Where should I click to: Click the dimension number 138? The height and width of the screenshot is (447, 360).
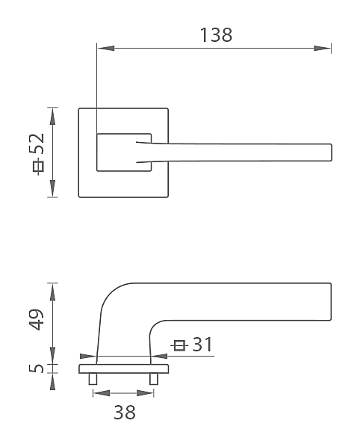(216, 35)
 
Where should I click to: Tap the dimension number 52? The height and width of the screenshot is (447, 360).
(37, 144)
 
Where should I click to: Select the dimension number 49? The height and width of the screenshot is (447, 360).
(37, 319)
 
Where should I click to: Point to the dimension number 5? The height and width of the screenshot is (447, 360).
(37, 369)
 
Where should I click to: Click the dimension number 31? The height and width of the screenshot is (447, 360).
(202, 344)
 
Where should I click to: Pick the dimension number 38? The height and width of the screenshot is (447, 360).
(125, 412)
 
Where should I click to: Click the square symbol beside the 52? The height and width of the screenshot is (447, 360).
(38, 166)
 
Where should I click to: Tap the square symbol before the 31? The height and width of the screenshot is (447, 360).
(179, 345)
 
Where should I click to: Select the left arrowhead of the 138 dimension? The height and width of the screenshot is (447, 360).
(105, 48)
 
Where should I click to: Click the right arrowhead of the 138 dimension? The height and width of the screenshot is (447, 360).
(323, 48)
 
